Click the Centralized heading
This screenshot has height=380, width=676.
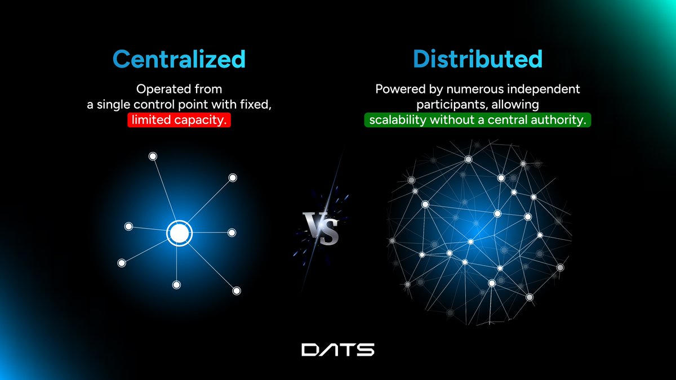tap(179, 59)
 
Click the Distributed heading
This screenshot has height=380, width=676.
tap(477, 59)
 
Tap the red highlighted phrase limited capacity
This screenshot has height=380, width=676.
tap(179, 120)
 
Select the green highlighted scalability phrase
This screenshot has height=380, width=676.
tap(477, 120)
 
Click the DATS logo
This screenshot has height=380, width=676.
tap(337, 350)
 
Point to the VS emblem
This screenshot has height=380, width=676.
tap(321, 228)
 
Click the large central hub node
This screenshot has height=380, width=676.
tap(179, 233)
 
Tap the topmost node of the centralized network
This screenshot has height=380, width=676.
tap(152, 156)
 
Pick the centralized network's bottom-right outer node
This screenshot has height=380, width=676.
tap(237, 290)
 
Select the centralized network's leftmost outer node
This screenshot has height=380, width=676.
tap(121, 263)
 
